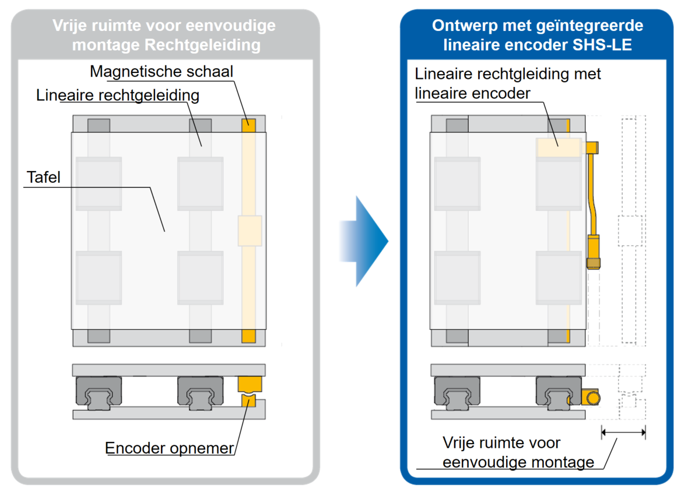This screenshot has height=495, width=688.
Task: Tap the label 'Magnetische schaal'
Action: click(162, 72)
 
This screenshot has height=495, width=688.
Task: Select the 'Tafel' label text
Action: click(44, 177)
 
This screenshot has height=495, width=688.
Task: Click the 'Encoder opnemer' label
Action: click(169, 448)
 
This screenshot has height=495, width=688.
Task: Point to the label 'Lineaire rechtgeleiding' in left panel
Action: click(117, 95)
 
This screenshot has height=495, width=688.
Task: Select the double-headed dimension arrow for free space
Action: click(623, 433)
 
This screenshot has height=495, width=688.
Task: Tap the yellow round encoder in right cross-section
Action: click(594, 398)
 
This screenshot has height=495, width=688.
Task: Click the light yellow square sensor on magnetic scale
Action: click(250, 230)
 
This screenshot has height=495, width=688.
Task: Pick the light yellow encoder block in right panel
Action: click(559, 147)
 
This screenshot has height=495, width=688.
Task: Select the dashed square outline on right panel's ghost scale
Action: click(630, 230)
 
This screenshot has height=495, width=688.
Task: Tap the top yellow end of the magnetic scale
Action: click(249, 124)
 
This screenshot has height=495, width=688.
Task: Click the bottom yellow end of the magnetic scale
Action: click(249, 336)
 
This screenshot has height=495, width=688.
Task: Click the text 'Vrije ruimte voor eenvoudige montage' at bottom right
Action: click(518, 452)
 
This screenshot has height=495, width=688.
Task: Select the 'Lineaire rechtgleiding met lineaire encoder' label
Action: click(507, 83)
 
